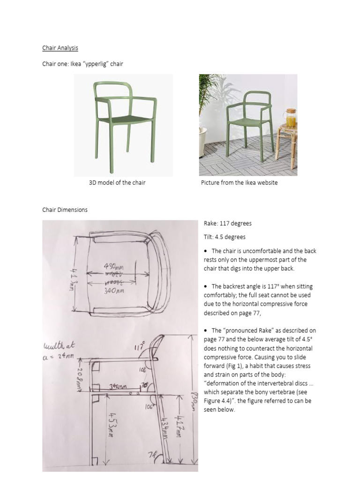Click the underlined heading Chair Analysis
pyautogui.click(x=60, y=48)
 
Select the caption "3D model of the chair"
pyautogui.click(x=117, y=183)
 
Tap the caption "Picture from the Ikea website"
pyautogui.click(x=239, y=183)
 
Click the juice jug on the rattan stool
pyautogui.click(x=291, y=119)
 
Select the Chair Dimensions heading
pyautogui.click(x=65, y=210)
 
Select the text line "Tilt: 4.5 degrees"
pyautogui.click(x=225, y=237)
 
